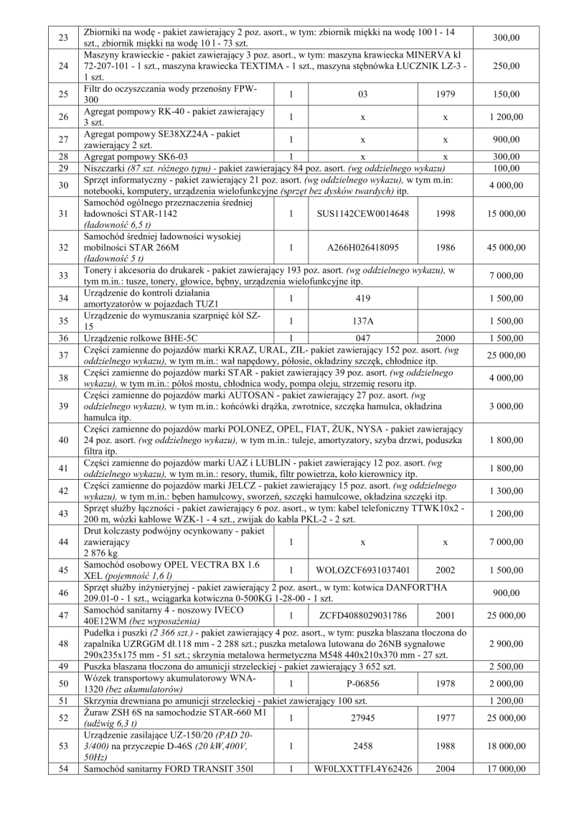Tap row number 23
tap(62, 37)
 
